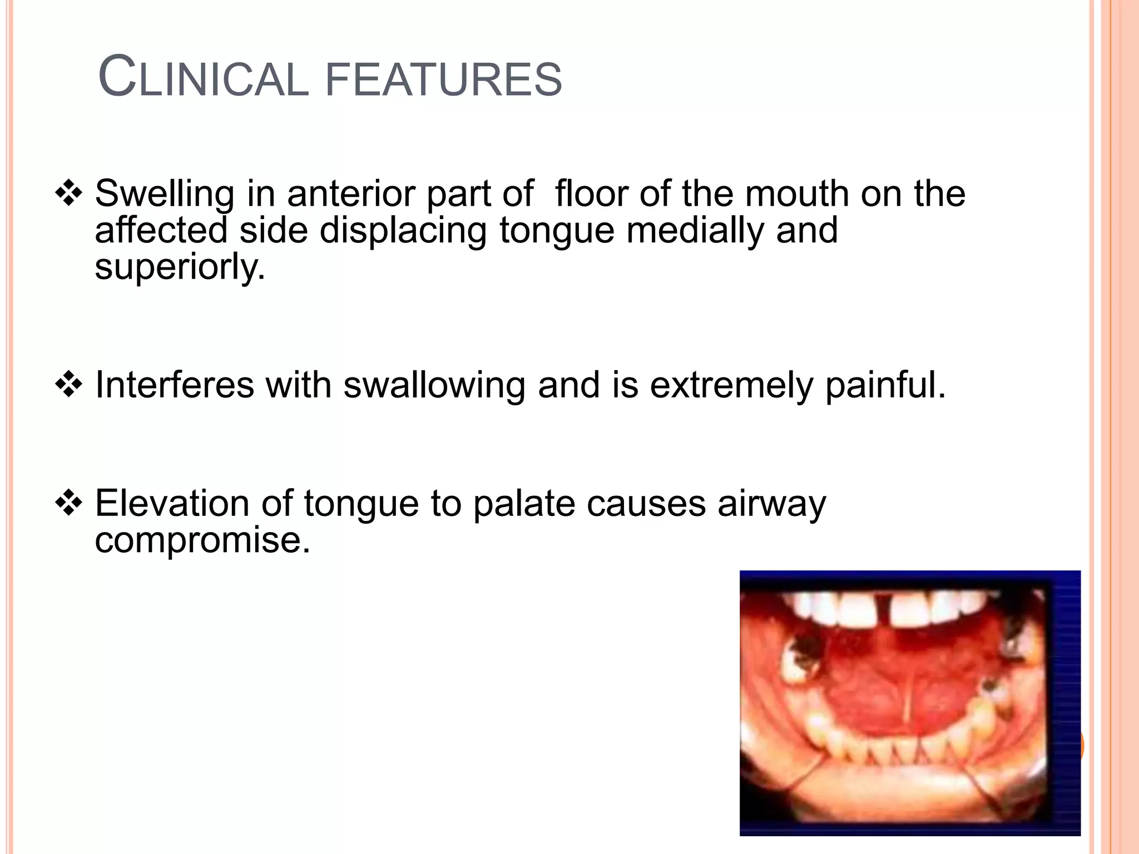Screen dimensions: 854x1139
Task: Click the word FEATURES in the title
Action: [x=443, y=79]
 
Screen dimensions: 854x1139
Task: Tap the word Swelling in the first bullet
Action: [x=165, y=195]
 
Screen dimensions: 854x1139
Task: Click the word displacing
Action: [x=403, y=231]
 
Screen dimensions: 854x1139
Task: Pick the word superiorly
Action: [x=180, y=267]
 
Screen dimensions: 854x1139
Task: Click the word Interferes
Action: [x=174, y=385]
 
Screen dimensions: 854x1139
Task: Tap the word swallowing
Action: [x=434, y=386]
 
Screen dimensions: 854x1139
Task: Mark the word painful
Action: [x=885, y=385]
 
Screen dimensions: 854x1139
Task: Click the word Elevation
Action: [x=172, y=503]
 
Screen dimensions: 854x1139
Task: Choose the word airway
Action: [x=771, y=504]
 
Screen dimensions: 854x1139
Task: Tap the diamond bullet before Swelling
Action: [x=68, y=193]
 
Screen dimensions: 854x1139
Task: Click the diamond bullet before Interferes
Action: [x=68, y=384]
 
